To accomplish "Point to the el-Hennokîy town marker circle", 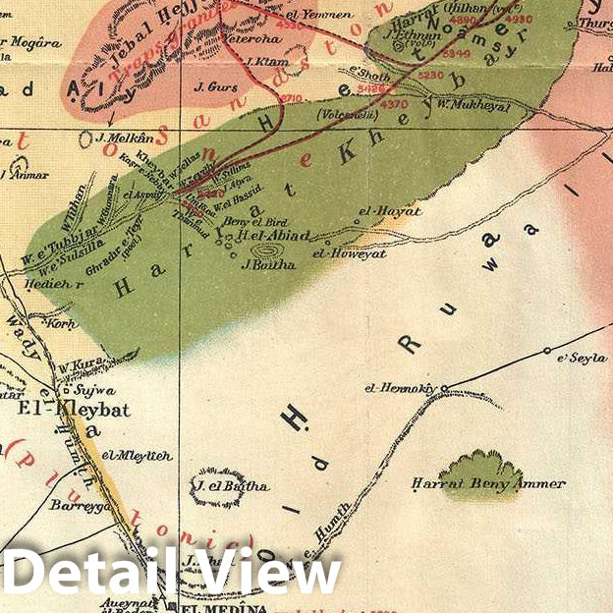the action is click(x=444, y=388).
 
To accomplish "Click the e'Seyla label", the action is click(x=583, y=359).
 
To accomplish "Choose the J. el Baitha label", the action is click(x=232, y=485).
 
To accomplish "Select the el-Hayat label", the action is click(x=389, y=210).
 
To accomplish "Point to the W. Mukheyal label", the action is click(x=474, y=105).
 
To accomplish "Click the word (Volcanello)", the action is click(x=346, y=115).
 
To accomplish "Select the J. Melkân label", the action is click(x=126, y=139).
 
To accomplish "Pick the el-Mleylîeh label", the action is click(x=137, y=456).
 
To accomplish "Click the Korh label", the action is click(x=62, y=322).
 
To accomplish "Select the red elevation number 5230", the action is click(x=430, y=74).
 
